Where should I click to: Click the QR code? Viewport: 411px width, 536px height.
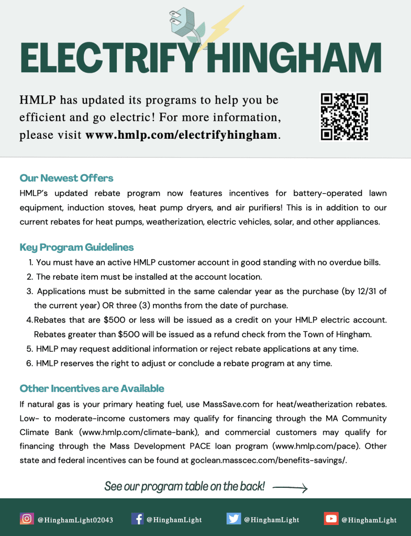click(344, 117)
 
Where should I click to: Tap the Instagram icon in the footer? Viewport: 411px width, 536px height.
click(27, 519)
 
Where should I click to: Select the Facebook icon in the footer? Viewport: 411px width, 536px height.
click(137, 519)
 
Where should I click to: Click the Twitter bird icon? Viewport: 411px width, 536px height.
click(234, 519)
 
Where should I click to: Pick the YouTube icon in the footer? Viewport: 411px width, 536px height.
click(331, 519)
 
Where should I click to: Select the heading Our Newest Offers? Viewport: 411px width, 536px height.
click(66, 178)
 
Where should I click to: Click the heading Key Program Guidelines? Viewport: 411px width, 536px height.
click(76, 247)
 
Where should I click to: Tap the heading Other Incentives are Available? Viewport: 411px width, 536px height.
click(92, 388)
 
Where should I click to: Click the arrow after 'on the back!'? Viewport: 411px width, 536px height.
click(290, 488)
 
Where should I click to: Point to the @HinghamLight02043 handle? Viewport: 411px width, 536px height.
click(75, 520)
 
